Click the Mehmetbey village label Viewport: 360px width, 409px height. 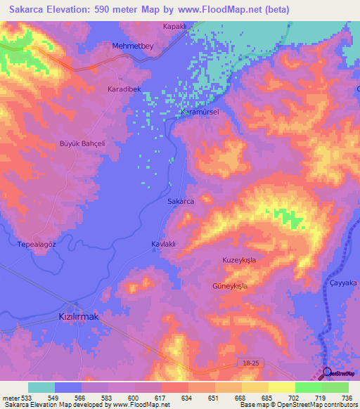click(132, 46)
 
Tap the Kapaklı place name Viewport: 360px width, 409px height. click(174, 26)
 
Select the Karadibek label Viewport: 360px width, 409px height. click(124, 89)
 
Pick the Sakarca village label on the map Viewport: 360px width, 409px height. click(181, 201)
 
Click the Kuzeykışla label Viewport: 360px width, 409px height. click(242, 260)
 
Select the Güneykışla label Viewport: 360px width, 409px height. click(230, 286)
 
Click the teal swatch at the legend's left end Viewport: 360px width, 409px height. click(41, 387)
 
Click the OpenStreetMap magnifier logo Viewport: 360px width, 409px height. click(327, 372)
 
